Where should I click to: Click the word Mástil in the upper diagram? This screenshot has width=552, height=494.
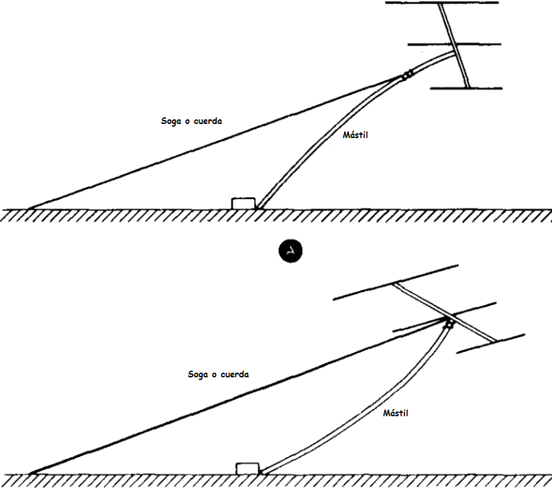(x=355, y=135)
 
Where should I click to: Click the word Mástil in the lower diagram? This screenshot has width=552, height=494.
(x=396, y=413)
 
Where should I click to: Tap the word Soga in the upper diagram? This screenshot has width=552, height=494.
(x=171, y=121)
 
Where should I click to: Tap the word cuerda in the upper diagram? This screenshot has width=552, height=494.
(x=208, y=121)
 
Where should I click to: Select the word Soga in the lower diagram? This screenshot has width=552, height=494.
(x=198, y=375)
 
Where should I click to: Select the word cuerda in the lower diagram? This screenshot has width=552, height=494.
(x=235, y=375)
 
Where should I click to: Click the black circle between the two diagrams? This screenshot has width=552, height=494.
(x=290, y=251)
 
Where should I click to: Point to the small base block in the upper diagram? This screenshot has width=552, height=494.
(x=243, y=203)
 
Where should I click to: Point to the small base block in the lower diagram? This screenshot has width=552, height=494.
(x=247, y=469)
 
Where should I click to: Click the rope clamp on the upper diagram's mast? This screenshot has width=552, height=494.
(x=407, y=75)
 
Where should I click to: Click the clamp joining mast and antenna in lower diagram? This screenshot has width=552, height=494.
(x=449, y=323)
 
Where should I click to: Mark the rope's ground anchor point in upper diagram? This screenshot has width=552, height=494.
(x=31, y=208)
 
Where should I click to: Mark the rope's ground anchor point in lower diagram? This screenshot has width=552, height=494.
(x=32, y=474)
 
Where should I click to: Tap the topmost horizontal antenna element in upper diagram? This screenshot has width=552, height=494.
(x=442, y=3)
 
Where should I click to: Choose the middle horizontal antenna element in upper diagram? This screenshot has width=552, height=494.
(x=455, y=44)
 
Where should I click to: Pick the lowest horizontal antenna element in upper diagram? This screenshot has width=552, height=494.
(x=466, y=88)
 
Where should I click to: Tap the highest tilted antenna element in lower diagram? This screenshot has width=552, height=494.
(x=396, y=282)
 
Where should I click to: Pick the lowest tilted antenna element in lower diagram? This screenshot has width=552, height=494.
(x=491, y=344)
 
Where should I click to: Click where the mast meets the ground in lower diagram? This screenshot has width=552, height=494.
(x=262, y=473)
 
